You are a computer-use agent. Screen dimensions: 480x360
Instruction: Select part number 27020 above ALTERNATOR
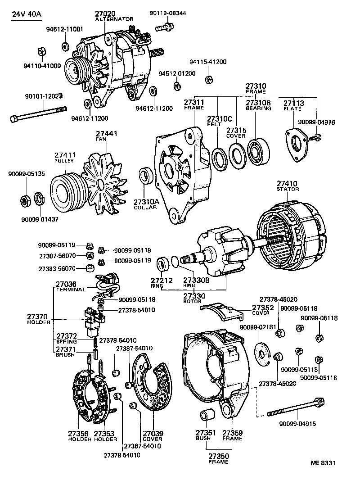pos(105,14)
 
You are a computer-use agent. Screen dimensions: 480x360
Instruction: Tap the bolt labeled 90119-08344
pos(163,28)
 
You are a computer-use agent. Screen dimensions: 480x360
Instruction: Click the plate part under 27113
pos(297,143)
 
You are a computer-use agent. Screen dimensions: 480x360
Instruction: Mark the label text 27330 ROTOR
pos(195,298)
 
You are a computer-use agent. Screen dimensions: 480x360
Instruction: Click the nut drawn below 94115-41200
pos(208,80)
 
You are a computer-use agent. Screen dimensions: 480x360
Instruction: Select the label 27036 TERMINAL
pos(70,287)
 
